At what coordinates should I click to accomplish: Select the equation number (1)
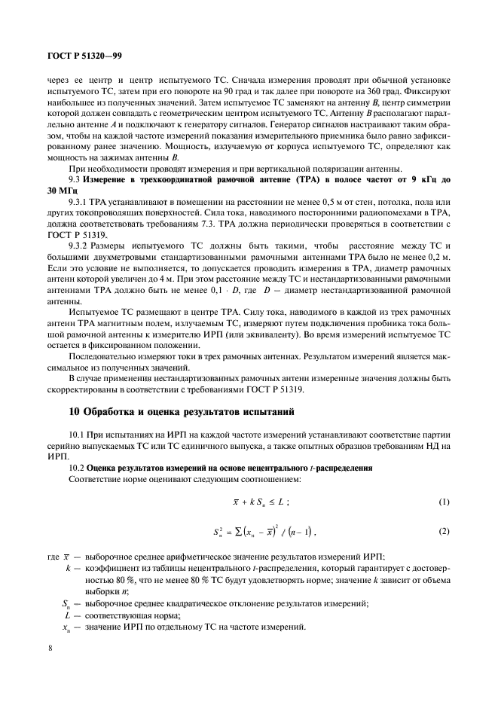point(444,502)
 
